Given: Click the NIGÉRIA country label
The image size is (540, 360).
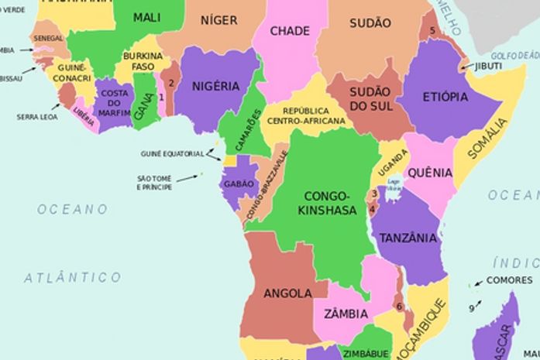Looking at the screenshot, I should (x=215, y=86).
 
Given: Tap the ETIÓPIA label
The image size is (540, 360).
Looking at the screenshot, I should (x=445, y=97).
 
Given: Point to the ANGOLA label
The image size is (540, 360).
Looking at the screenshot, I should (x=287, y=293).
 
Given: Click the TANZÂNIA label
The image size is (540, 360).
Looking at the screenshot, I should (x=408, y=238).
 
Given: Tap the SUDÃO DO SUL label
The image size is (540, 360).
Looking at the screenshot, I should (x=370, y=98).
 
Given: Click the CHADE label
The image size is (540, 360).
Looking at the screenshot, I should (x=290, y=31).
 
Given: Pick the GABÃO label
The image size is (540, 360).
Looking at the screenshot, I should (x=238, y=184).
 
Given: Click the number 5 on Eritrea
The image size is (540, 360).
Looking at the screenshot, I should (x=432, y=31).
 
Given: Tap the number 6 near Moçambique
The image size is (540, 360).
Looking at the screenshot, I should (x=399, y=306).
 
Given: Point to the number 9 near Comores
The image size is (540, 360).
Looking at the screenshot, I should (x=471, y=308).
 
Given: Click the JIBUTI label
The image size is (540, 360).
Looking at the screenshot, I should (x=489, y=67).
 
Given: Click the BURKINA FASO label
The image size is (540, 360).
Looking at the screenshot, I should (x=143, y=62).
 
